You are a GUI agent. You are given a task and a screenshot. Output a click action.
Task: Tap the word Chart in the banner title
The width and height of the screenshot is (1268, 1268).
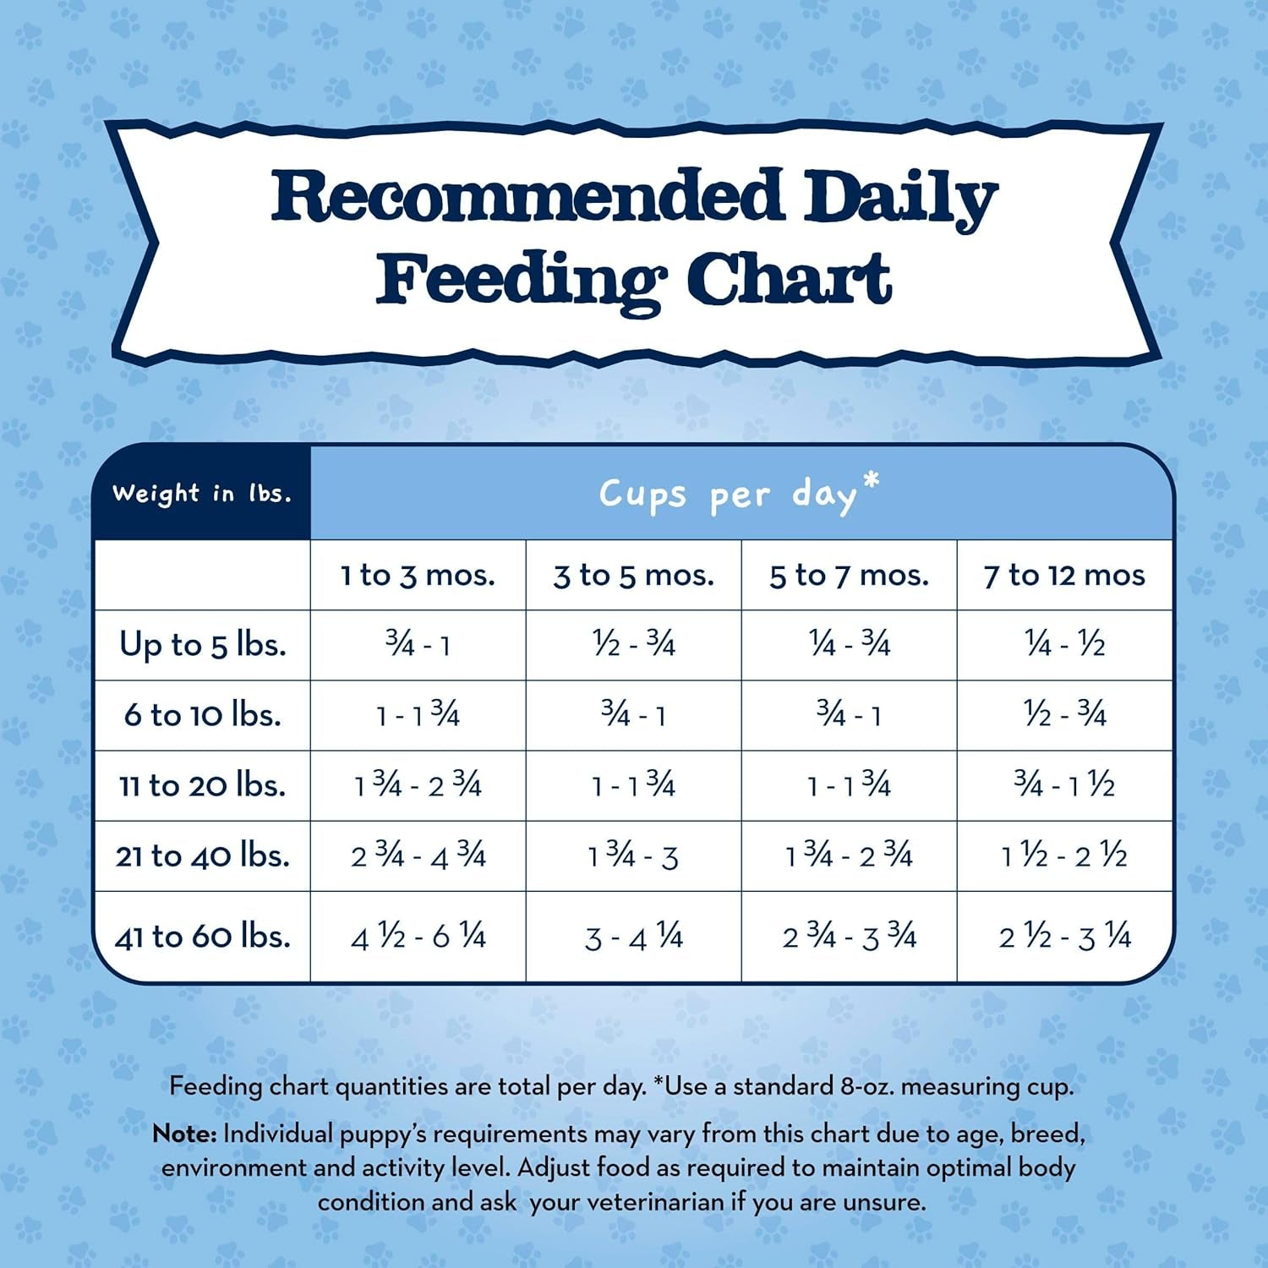(788, 280)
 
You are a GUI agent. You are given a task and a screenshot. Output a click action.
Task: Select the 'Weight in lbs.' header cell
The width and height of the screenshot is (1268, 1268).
(202, 493)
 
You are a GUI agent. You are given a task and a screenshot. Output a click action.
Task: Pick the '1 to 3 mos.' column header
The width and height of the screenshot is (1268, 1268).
(418, 576)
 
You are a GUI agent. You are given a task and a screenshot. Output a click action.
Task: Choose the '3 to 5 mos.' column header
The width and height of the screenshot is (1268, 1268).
(633, 576)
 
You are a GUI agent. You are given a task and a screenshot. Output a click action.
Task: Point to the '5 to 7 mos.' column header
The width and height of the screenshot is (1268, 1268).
(849, 576)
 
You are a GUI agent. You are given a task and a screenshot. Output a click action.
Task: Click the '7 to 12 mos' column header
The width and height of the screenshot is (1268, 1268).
(1064, 576)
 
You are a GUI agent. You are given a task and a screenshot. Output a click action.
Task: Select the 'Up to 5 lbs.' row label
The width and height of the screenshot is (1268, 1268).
(203, 645)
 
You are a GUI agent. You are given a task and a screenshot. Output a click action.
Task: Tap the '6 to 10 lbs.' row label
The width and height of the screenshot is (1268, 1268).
(203, 715)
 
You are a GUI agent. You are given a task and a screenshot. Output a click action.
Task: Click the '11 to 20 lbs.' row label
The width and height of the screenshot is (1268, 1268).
(203, 785)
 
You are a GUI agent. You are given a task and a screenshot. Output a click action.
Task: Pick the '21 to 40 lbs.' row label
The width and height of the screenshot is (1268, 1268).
(203, 855)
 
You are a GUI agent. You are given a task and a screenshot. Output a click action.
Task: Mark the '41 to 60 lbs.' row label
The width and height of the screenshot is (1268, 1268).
(203, 937)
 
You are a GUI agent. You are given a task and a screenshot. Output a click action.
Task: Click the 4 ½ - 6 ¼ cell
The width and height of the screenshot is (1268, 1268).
(418, 937)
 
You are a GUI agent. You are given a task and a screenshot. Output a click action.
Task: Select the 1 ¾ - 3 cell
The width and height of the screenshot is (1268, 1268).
(633, 856)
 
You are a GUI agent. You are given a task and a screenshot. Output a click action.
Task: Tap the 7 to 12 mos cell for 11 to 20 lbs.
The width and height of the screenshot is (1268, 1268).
(1064, 785)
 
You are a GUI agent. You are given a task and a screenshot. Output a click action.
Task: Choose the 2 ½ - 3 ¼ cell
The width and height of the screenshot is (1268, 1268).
(1064, 937)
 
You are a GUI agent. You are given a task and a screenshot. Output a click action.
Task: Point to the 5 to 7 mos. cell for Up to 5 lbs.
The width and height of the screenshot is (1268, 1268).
(849, 645)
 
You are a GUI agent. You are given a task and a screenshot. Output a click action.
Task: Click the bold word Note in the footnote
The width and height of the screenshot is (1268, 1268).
(184, 1134)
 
